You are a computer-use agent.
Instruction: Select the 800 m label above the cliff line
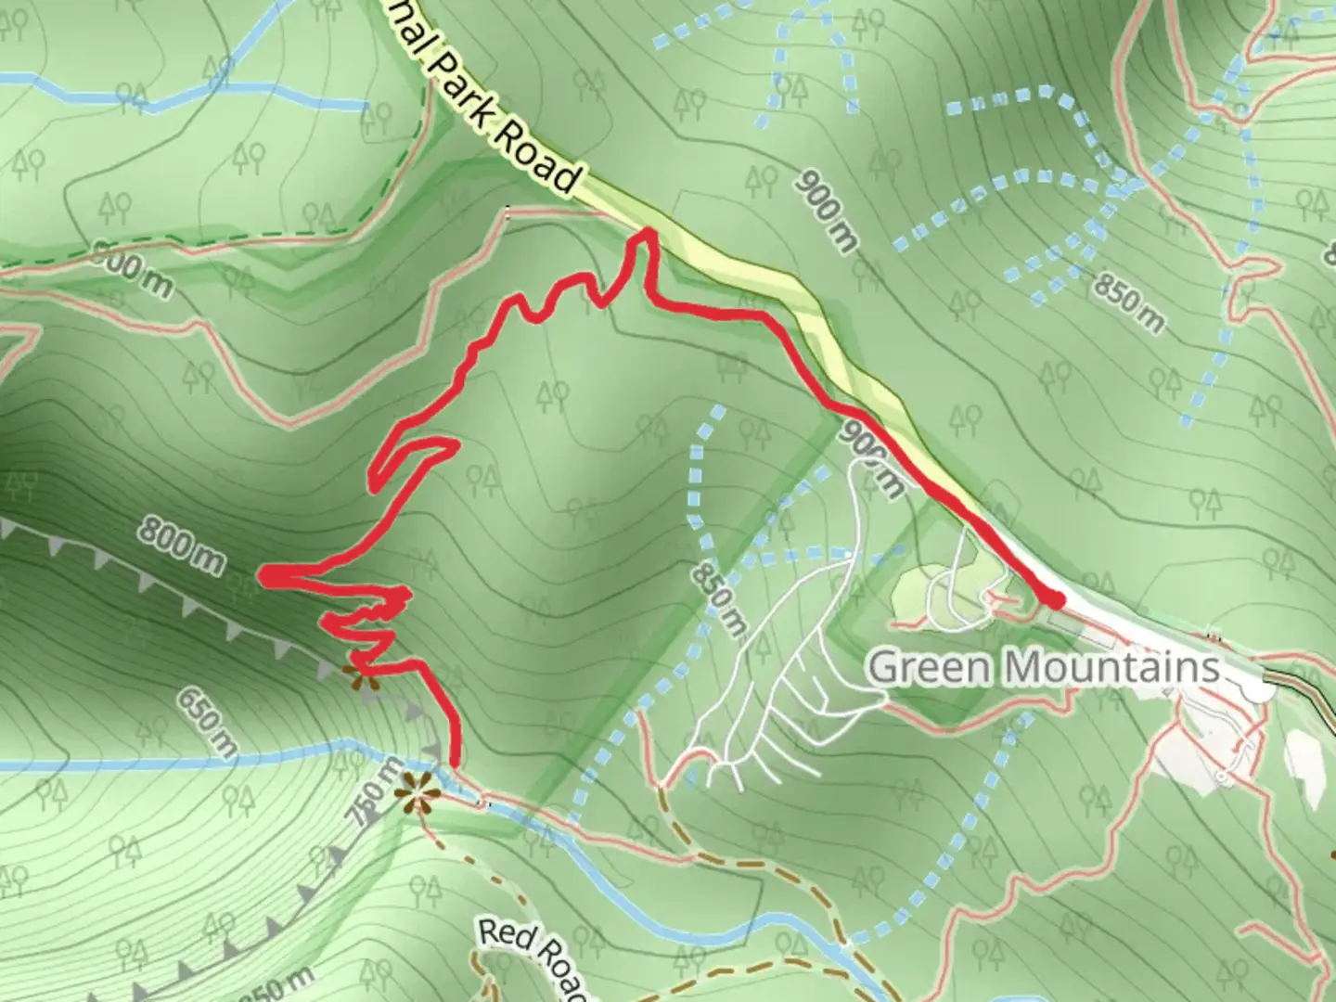(182, 546)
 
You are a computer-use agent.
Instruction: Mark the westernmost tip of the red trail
(263, 577)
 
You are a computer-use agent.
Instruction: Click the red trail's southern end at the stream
(455, 763)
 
